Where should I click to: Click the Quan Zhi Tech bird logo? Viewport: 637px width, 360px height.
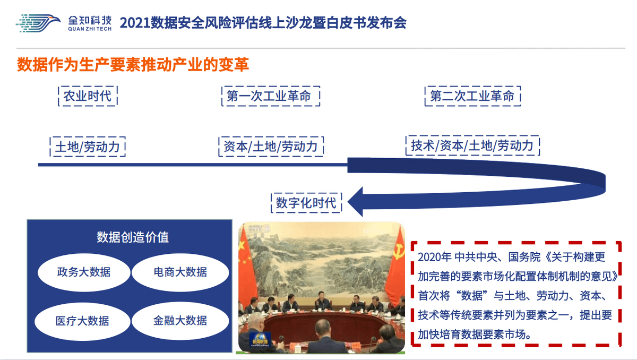pos(38,23)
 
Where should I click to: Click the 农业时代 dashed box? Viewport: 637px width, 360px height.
pos(88,96)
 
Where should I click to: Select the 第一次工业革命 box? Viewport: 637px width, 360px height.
pos(271,96)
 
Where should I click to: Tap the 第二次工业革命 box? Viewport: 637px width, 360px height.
pos(472,96)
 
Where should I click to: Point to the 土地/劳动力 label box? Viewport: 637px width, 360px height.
pos(88,147)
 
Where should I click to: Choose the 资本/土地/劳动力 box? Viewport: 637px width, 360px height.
pos(271,147)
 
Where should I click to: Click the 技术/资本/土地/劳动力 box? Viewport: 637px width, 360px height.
pos(472,145)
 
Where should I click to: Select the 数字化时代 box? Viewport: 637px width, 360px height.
pos(306,203)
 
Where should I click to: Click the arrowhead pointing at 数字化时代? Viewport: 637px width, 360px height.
pos(356,202)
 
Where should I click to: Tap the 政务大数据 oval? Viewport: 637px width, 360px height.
pos(84,272)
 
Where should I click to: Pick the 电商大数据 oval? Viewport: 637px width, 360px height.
pos(180,272)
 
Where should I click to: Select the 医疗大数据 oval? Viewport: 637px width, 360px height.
pos(82,321)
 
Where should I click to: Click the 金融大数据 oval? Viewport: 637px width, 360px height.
pos(180,321)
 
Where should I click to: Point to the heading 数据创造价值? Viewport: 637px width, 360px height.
pos(133,237)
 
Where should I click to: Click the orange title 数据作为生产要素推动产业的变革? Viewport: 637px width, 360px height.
pos(133,64)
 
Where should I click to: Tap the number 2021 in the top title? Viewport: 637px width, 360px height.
pos(135,23)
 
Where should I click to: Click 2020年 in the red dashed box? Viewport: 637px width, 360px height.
pos(435,257)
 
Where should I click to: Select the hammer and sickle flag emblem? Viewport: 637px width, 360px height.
pos(399,251)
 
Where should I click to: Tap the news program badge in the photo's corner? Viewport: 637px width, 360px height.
pos(260,339)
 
